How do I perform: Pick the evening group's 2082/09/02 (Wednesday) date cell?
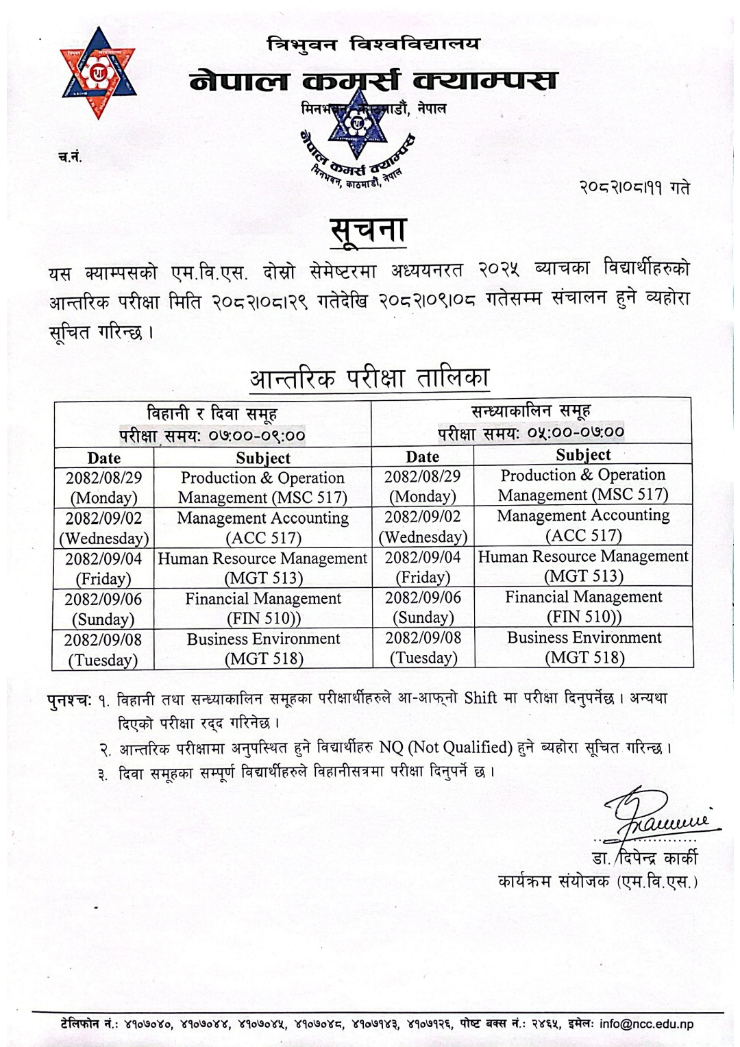point(422,526)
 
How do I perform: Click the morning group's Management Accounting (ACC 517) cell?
point(263,528)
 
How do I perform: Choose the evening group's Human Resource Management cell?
point(583,566)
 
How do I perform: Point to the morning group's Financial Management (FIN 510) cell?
point(263,608)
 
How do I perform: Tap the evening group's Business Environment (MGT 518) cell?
point(584,648)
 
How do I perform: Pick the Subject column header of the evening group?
point(583,455)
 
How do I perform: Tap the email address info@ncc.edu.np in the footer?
point(647,1024)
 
